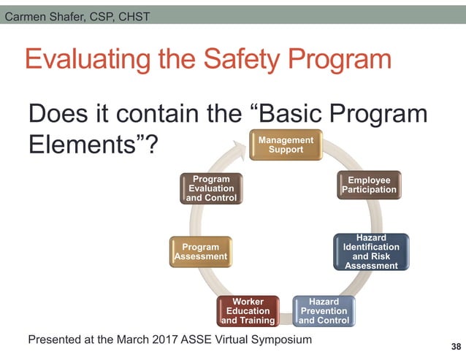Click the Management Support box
(x=286, y=145)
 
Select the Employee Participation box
(x=369, y=185)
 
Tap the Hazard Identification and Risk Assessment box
(x=371, y=252)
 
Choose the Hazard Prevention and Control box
(x=324, y=311)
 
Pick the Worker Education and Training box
(x=248, y=311)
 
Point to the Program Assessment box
(x=200, y=252)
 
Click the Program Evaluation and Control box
(x=210, y=188)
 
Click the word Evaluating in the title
(x=88, y=60)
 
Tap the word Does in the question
(x=58, y=115)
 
